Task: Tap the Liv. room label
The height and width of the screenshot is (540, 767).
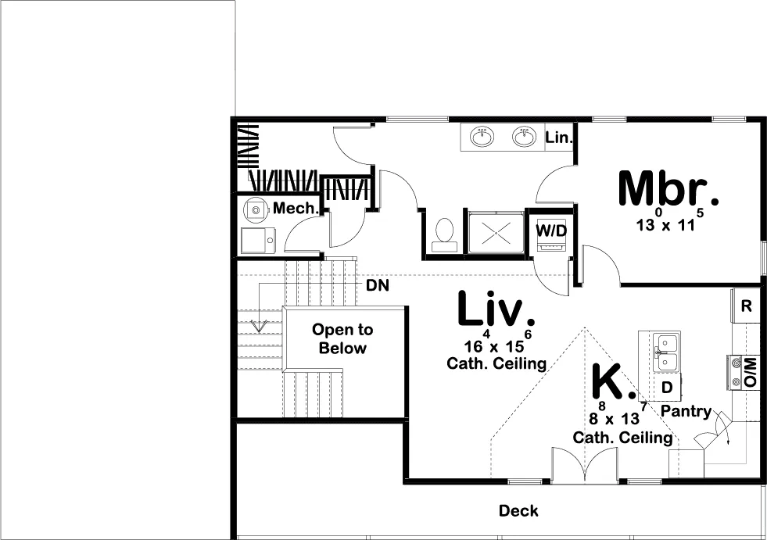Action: coord(496,309)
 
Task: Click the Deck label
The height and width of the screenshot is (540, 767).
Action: coord(518,511)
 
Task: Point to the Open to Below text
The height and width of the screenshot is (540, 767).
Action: coord(342,339)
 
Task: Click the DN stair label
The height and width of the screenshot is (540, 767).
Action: coord(378,286)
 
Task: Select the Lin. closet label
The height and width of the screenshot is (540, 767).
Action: coord(559,138)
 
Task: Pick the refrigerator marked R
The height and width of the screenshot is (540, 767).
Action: coord(746,306)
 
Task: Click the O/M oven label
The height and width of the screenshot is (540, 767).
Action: coord(750,372)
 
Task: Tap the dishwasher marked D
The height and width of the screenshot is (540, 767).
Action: coord(667,387)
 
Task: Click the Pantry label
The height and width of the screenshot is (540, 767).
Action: coord(686,411)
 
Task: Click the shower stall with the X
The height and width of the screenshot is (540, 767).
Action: coord(495,232)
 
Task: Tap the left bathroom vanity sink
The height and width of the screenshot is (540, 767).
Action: coord(482,137)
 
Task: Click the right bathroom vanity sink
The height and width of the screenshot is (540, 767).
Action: coord(525,137)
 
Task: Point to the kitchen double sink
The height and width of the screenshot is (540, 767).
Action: coord(666,353)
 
